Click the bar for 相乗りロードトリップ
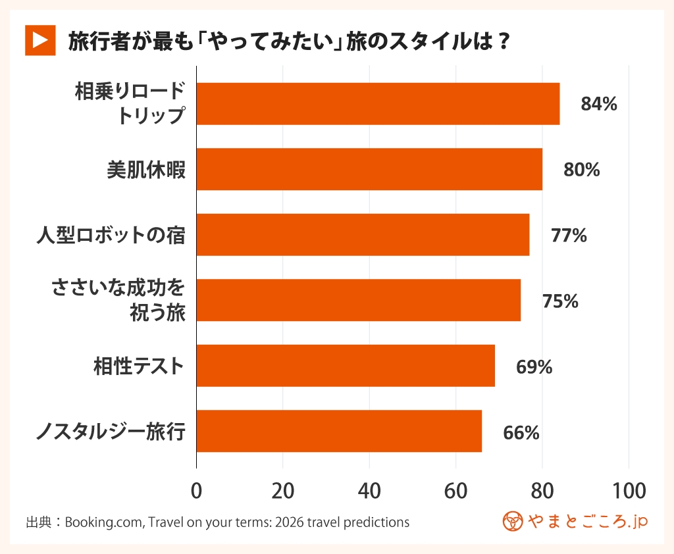pyautogui.click(x=378, y=104)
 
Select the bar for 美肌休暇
pyautogui.click(x=369, y=169)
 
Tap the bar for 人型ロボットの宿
pyautogui.click(x=363, y=234)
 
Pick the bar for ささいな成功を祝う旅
pyautogui.click(x=359, y=300)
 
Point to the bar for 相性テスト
pyautogui.click(x=346, y=365)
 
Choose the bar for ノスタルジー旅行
pyautogui.click(x=339, y=431)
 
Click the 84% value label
pyautogui.click(x=598, y=104)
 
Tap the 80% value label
pyautogui.click(x=581, y=170)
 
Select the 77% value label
pyautogui.click(x=569, y=235)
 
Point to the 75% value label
pyautogui.click(x=560, y=301)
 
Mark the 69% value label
pyautogui.click(x=534, y=366)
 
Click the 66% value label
pyautogui.click(x=521, y=432)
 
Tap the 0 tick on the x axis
pyautogui.click(x=196, y=491)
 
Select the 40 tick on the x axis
pyautogui.click(x=369, y=491)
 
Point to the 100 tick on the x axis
pyautogui.click(x=629, y=491)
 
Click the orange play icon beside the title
pyautogui.click(x=39, y=41)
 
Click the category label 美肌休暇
pyautogui.click(x=146, y=170)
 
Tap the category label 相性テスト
pyautogui.click(x=138, y=366)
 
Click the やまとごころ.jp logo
pyautogui.click(x=575, y=521)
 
